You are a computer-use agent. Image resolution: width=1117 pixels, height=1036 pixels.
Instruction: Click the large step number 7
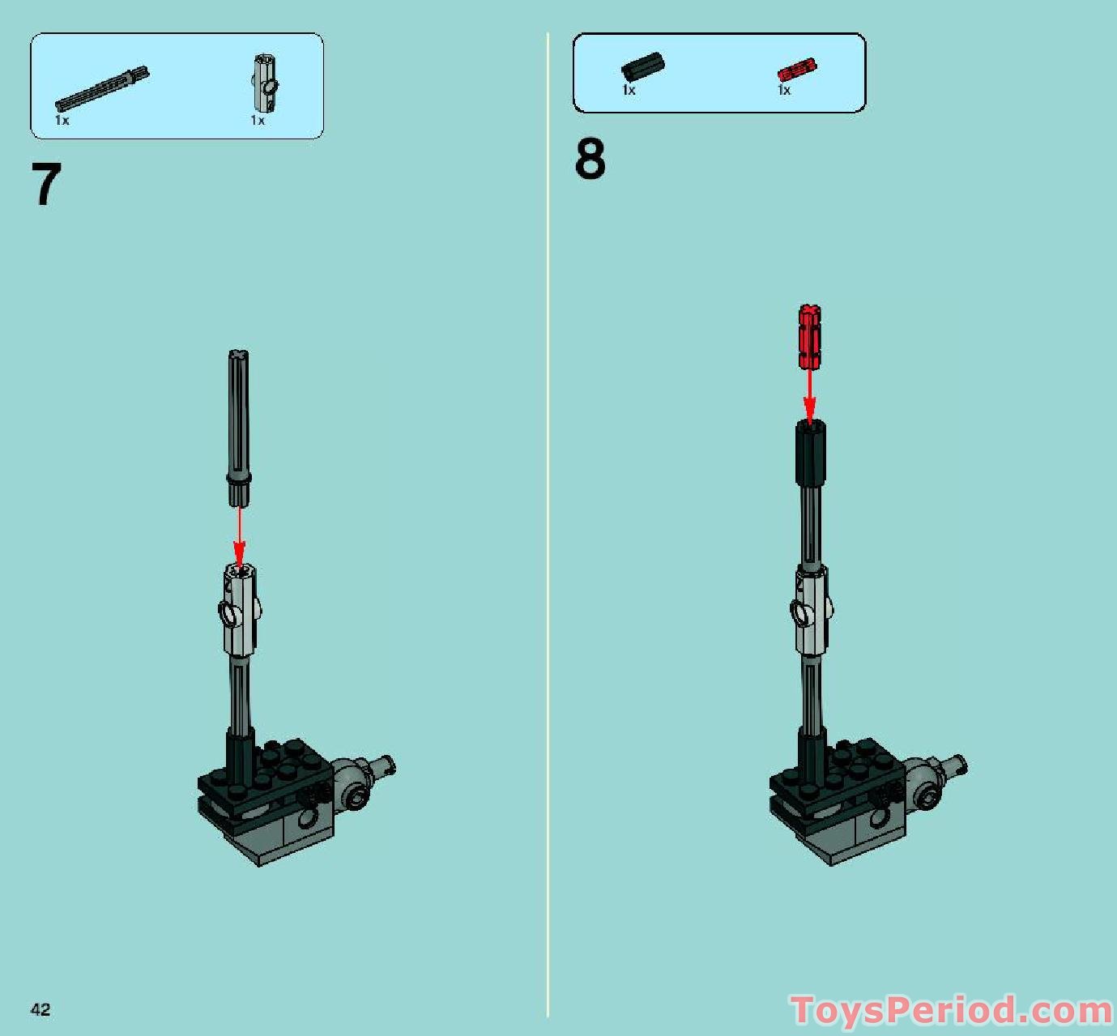(46, 185)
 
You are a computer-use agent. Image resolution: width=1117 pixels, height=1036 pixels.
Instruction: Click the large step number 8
(590, 160)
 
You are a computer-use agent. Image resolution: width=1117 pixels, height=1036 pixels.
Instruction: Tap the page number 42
(41, 1009)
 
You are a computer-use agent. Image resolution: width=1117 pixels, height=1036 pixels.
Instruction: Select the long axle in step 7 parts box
(102, 89)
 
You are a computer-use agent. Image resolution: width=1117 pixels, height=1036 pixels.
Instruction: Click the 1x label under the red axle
(783, 91)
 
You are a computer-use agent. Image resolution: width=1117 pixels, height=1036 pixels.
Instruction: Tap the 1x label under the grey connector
(257, 121)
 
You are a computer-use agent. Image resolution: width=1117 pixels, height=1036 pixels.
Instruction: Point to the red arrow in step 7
(239, 535)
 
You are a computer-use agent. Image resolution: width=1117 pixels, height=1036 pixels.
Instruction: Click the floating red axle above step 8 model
(809, 336)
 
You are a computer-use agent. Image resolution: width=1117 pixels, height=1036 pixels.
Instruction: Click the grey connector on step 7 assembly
(240, 611)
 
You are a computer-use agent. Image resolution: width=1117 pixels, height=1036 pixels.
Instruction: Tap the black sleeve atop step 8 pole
(809, 453)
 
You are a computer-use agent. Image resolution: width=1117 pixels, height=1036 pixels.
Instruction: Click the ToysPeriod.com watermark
(952, 1011)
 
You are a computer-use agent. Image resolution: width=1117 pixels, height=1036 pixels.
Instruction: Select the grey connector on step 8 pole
(811, 612)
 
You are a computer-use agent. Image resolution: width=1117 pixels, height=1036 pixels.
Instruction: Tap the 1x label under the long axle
(62, 121)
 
